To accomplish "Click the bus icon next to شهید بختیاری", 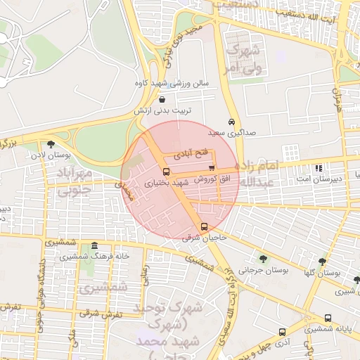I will pyautogui.click(x=166, y=171).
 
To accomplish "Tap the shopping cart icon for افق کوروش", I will pyautogui.click(x=212, y=167).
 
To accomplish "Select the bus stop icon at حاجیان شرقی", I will pyautogui.click(x=204, y=226).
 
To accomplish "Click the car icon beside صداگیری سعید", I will pyautogui.click(x=231, y=121).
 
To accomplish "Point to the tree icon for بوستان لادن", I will pyautogui.click(x=51, y=144).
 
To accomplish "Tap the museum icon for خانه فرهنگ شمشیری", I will pyautogui.click(x=94, y=245).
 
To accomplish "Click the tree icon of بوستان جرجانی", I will pyautogui.click(x=263, y=259).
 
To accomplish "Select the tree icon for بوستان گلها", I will pyautogui.click(x=322, y=262).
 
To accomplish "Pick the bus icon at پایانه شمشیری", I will pyautogui.click(x=328, y=318).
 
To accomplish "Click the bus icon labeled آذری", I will pyautogui.click(x=282, y=332).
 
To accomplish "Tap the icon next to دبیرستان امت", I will pyautogui.click(x=319, y=168).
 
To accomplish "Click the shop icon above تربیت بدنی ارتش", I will pyautogui.click(x=163, y=100).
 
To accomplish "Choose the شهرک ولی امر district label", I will pyautogui.click(x=243, y=59).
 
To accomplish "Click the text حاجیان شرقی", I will pyautogui.click(x=203, y=238).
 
